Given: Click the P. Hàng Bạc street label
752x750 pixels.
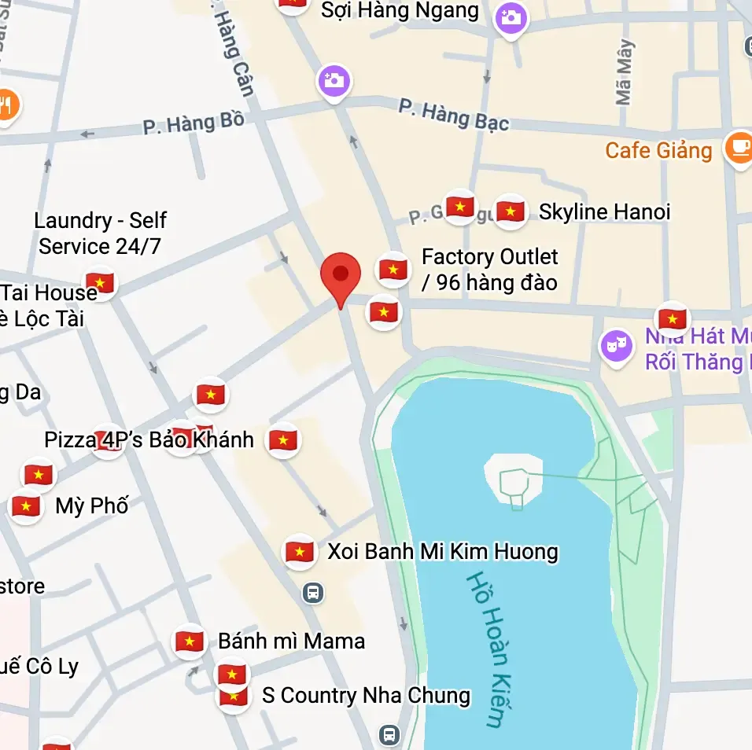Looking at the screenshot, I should coord(453,113).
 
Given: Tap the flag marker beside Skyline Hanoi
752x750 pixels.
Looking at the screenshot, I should coord(511,211).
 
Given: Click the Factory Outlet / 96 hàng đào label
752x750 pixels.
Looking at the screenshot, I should coord(489,270).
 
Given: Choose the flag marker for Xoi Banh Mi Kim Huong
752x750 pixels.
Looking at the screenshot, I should coord(300,552).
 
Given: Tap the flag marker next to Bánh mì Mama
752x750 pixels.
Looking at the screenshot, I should coord(190,642).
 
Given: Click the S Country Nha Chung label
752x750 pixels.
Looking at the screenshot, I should coord(366,696).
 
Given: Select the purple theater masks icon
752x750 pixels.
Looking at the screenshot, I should coord(616,346).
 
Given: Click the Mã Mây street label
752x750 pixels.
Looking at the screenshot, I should coord(625,72).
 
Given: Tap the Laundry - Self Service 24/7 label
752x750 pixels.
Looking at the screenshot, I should coord(100,233).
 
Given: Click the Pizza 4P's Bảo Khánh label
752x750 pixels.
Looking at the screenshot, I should coord(149,439).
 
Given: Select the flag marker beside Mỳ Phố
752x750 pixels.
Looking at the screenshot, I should coord(26,506).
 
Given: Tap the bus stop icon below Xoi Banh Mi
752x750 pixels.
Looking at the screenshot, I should coord(313,592).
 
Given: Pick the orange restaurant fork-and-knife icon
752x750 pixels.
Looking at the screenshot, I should coord(6,104).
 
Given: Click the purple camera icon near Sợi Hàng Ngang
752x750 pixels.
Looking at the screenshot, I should coord(511,17).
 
